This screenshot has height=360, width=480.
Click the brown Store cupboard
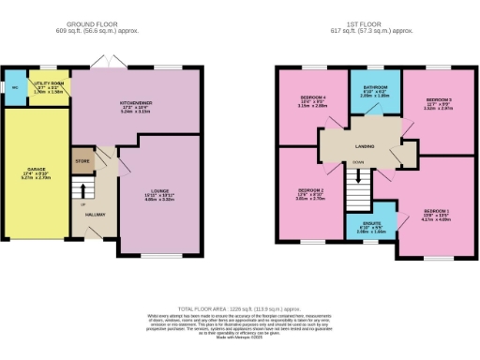pos(82,160)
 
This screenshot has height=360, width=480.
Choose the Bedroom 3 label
pos(439,98)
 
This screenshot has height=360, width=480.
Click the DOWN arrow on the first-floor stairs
pos(358,162)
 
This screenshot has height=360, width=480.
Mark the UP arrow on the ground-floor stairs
pos(83,203)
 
